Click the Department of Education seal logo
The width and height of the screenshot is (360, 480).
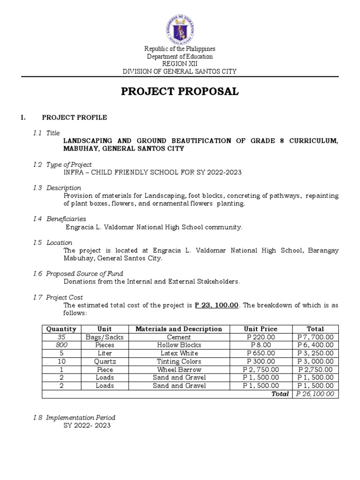[180, 27]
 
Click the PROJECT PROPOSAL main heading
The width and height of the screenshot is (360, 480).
[180, 91]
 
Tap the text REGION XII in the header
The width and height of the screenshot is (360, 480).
[180, 64]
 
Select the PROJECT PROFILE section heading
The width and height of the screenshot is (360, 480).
[75, 118]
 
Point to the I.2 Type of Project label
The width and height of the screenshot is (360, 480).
[62, 165]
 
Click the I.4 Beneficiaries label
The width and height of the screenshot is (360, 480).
[60, 219]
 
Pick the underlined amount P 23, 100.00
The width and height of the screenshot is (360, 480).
[217, 305]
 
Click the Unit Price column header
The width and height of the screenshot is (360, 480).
[261, 329]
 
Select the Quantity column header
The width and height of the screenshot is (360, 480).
[61, 329]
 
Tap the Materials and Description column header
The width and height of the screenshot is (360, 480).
[179, 329]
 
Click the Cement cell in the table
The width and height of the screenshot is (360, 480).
[179, 337]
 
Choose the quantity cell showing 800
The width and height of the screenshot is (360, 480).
[61, 345]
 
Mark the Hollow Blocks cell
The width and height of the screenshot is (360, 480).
[179, 345]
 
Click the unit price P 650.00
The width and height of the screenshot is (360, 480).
[261, 353]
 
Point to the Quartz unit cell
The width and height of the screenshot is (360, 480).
[105, 361]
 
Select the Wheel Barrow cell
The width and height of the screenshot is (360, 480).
[179, 369]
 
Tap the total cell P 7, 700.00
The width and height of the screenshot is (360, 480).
[315, 337]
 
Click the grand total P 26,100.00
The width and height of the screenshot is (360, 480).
[315, 394]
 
